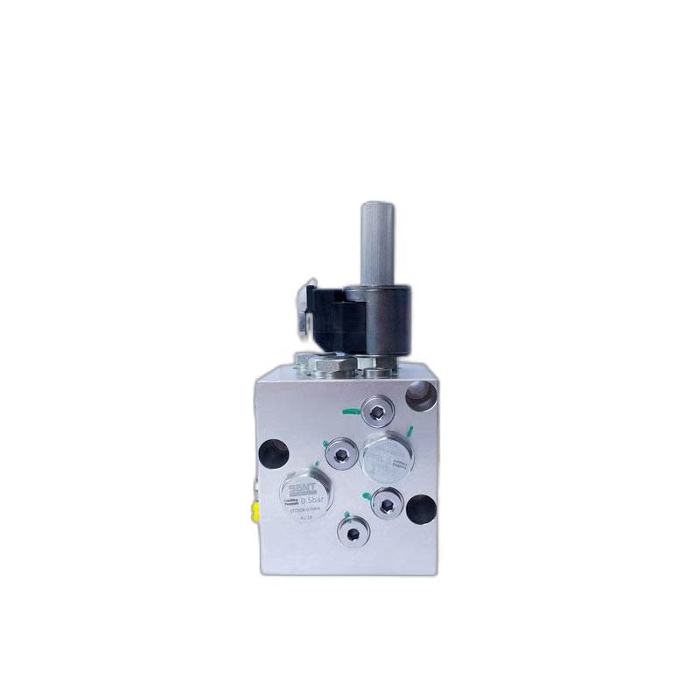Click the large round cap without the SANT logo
[x=387, y=453]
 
